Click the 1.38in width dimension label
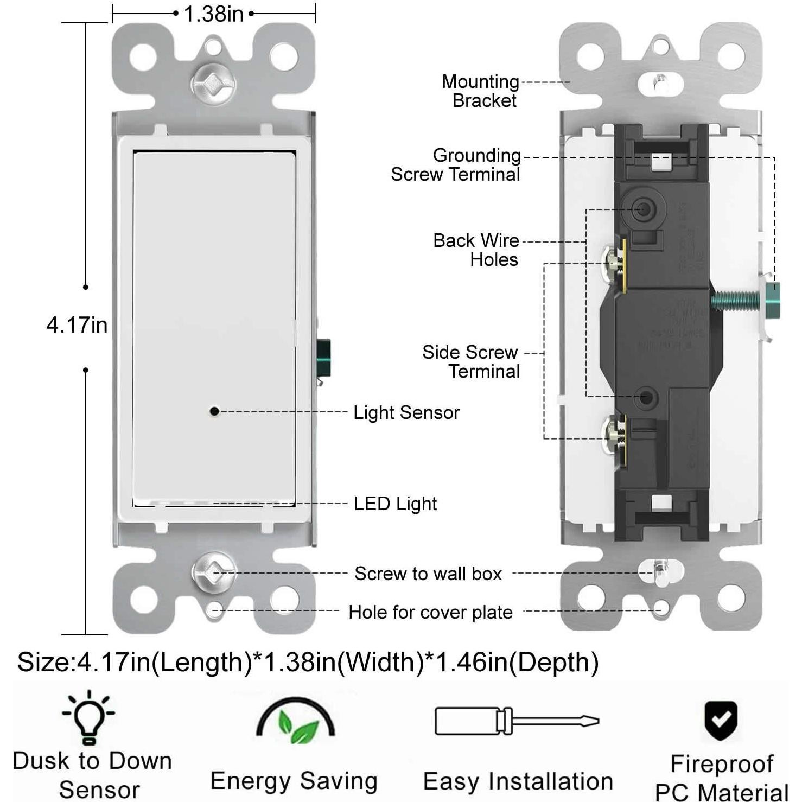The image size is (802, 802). tap(213, 14)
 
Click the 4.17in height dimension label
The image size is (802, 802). tap(77, 325)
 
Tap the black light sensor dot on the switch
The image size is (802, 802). tap(214, 411)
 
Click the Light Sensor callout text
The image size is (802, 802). tap(406, 412)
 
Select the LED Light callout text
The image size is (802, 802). tap(395, 504)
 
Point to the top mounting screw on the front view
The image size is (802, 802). tap(213, 84)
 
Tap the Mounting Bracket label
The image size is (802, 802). tap(480, 91)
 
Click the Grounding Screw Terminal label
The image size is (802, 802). tap(456, 164)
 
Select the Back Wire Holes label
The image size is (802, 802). tap(476, 250)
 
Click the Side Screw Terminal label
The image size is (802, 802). tap(471, 361)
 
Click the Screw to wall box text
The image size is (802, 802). tap(428, 574)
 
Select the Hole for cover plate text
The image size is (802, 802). tap(430, 612)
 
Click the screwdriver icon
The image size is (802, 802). tap(517, 721)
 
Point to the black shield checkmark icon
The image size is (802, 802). tap(721, 721)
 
